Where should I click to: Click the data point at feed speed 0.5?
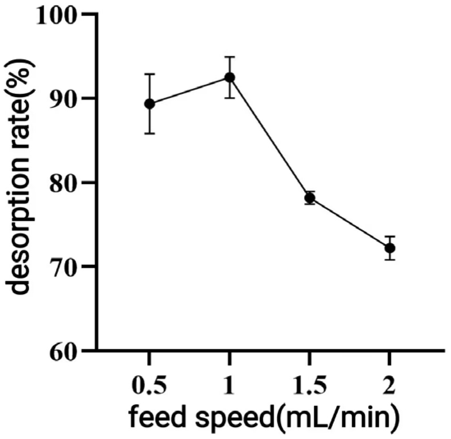click(150, 104)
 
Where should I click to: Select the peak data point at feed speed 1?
click(230, 77)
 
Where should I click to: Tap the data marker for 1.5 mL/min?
click(310, 198)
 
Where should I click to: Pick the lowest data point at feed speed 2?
click(390, 248)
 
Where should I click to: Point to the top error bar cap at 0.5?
click(150, 74)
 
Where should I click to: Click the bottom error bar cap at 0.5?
click(150, 133)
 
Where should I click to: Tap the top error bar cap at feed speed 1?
click(230, 57)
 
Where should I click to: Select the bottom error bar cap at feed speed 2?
click(390, 260)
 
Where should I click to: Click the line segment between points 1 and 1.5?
click(269, 137)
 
